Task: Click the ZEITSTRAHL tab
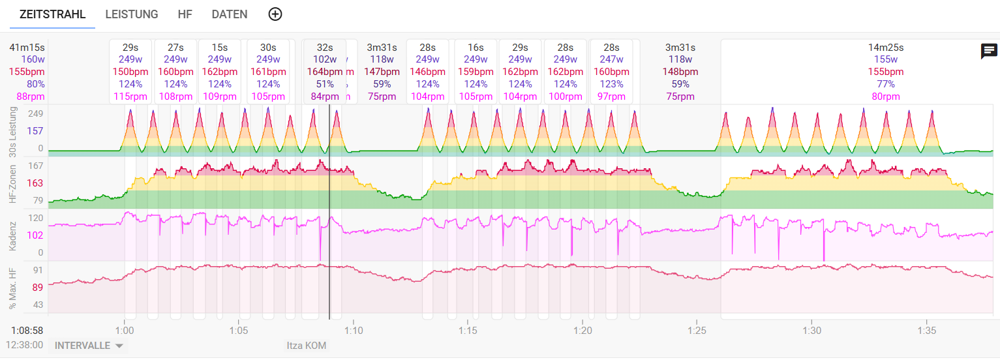52,14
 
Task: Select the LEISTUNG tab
132,14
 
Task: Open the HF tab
185,14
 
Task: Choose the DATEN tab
230,14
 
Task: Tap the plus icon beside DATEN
275,14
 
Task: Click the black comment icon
989,52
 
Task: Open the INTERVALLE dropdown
89,346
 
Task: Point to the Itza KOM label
307,346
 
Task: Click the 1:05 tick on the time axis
239,331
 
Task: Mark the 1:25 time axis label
697,331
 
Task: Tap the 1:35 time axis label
926,331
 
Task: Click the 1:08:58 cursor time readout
27,331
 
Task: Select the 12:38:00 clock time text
24,345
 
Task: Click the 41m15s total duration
27,48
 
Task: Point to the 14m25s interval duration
886,48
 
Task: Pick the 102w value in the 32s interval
325,60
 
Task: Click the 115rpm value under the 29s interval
130,97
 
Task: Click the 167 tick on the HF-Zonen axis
35,166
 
